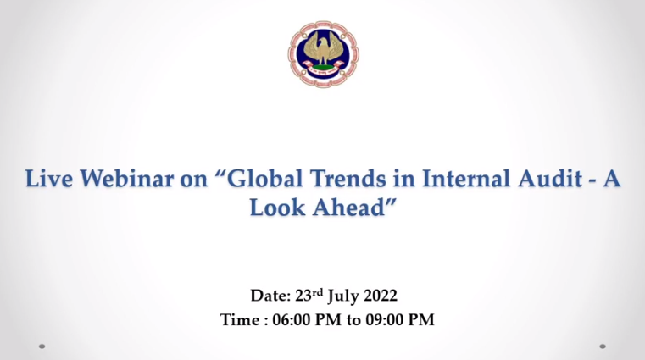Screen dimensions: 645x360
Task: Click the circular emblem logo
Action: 323,54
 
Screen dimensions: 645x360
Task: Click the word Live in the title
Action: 49,180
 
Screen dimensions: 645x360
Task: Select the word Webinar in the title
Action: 126,180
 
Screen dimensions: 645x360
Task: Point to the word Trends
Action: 348,180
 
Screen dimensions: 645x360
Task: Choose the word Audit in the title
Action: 549,180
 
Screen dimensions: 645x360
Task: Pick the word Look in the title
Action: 277,208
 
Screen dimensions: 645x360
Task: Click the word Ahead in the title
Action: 349,208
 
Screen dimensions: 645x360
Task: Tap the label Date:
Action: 271,296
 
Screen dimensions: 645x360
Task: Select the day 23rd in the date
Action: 309,296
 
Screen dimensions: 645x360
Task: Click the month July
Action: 343,296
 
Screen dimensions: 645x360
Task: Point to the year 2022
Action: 380,296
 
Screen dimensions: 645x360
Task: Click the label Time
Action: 241,320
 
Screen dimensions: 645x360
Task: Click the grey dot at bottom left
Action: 42,346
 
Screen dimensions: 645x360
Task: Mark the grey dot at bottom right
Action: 603,346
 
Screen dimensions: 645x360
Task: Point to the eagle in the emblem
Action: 323,49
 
